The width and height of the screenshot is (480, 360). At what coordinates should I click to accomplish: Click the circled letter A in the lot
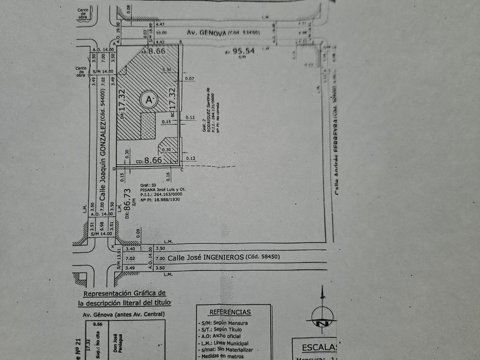click(150, 99)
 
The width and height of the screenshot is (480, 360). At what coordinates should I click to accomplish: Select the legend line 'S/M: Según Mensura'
click(224, 323)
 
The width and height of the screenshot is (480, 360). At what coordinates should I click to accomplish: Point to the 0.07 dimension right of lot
click(190, 78)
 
